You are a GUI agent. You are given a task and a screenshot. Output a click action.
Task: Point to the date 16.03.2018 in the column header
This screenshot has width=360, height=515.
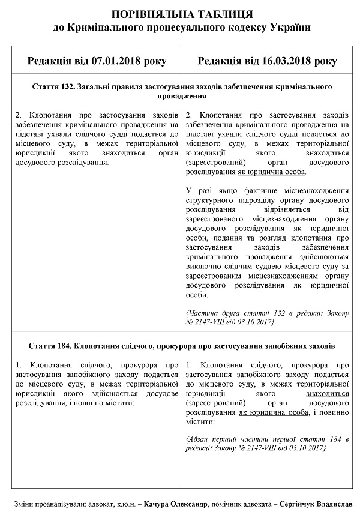pyautogui.click(x=285, y=61)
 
